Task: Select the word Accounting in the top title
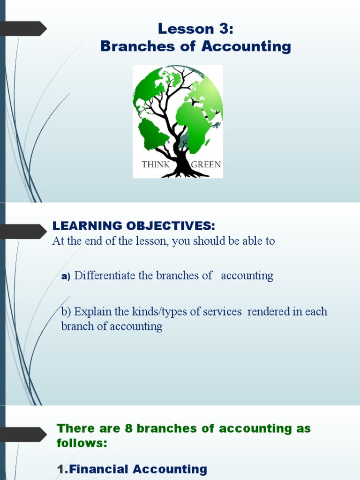coord(247,46)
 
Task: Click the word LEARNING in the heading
coord(87,226)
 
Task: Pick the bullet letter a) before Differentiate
coord(66,277)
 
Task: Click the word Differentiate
coord(105,276)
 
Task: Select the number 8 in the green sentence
coord(129,428)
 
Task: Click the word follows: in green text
coord(82,442)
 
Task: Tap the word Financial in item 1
coord(98,469)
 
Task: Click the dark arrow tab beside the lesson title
coord(23,29)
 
